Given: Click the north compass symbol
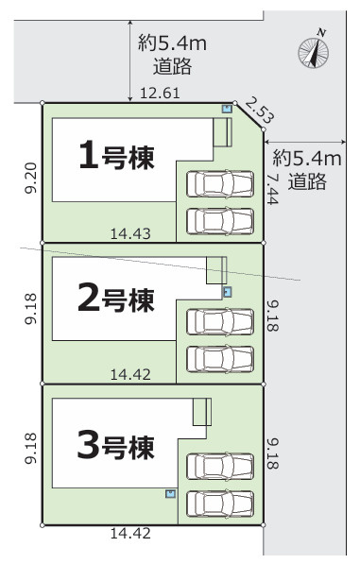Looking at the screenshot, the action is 314,50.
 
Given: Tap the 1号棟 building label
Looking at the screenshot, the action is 117,155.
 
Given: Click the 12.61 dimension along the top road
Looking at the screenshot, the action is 160,94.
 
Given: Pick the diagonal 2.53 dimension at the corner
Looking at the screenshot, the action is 260,110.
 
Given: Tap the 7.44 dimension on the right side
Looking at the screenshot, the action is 273,190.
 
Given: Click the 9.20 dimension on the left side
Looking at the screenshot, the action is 31,178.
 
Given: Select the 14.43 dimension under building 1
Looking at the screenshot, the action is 130,233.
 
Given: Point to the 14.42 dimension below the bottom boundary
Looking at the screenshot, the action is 130,533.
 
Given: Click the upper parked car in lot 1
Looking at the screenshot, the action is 220,184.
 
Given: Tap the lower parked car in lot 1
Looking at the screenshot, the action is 220,221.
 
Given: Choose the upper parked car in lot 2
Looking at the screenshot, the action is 220,322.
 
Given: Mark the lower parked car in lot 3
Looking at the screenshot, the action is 220,504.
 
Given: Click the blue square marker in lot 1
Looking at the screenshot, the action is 227,109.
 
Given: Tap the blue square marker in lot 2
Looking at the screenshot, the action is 227,292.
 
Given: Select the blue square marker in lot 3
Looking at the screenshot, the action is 170,493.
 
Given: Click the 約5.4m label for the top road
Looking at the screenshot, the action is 172,43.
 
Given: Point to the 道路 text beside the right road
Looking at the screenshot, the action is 307,181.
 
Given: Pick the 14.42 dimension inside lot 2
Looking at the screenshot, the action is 130,375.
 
